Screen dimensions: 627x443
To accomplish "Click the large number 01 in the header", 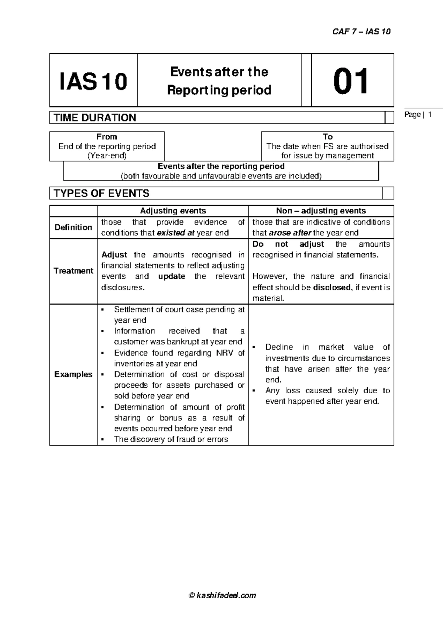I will (x=350, y=81).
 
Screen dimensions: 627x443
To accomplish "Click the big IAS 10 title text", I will (x=93, y=82).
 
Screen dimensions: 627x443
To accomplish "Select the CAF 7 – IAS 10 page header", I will (x=361, y=31).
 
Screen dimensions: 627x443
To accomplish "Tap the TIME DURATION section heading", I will (x=95, y=118).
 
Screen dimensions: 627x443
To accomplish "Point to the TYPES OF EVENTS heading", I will (x=102, y=193).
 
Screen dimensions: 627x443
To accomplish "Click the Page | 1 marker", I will (x=418, y=115).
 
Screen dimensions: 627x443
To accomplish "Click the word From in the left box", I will (x=107, y=137).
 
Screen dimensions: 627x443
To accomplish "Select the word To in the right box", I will (x=327, y=137).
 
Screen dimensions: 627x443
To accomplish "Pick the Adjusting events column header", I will (x=173, y=211).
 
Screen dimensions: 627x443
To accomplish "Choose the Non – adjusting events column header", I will (x=321, y=211).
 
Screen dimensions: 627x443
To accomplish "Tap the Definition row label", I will (x=73, y=227).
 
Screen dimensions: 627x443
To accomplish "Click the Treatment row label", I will (x=73, y=271).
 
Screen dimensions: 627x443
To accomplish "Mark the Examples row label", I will (x=73, y=374).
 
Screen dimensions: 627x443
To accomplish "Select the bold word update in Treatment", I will (x=172, y=276).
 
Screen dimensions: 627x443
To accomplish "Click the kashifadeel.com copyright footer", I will (x=222, y=595).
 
